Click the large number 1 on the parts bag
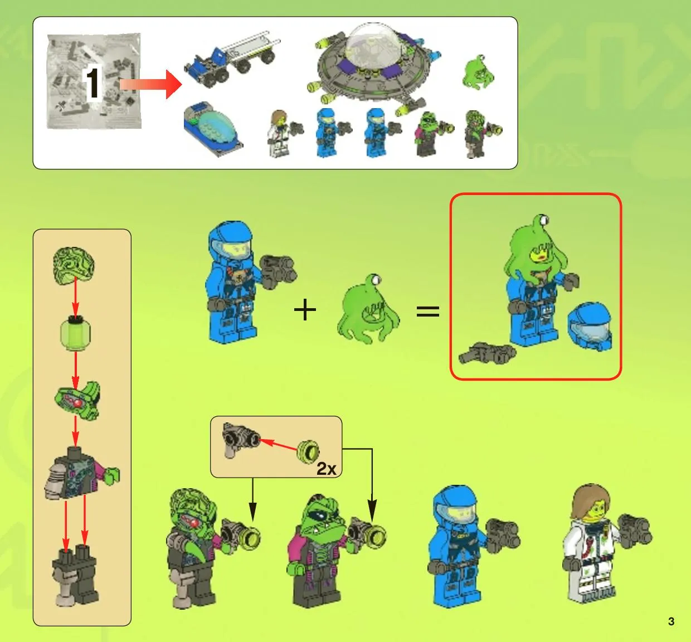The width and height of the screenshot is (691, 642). [x=93, y=83]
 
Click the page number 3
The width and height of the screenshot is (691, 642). [x=671, y=621]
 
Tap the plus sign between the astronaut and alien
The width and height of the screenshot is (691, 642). [x=305, y=309]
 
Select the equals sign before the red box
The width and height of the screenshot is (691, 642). [x=427, y=311]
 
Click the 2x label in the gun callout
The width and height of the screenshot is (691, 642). [x=326, y=468]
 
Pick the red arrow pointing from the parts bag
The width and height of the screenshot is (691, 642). [x=150, y=84]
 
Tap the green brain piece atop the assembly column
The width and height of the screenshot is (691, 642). [x=74, y=265]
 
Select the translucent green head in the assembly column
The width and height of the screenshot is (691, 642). [x=75, y=332]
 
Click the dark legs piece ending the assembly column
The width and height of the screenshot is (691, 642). [x=75, y=577]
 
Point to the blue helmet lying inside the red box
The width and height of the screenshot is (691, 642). [x=590, y=327]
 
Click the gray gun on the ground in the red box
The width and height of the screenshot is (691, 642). [x=487, y=353]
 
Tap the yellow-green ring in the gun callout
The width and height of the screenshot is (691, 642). [x=308, y=451]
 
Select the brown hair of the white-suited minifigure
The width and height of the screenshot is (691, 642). [x=591, y=500]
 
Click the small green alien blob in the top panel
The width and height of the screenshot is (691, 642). [x=478, y=72]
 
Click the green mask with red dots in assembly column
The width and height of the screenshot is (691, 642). [x=77, y=400]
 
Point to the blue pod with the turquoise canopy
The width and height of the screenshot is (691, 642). [x=212, y=129]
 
